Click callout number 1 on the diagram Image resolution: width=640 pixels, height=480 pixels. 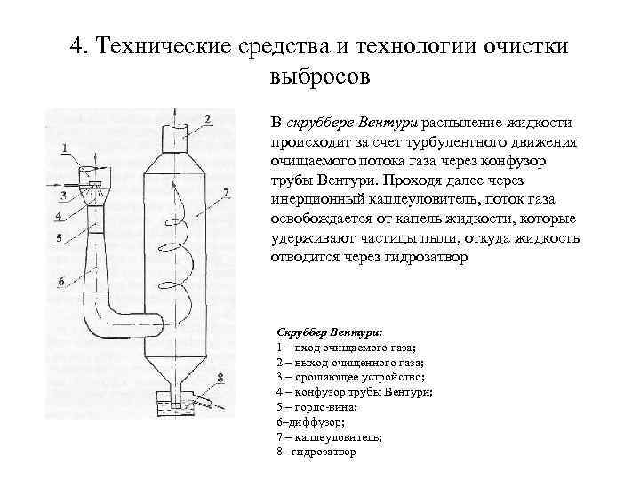(x=65, y=146)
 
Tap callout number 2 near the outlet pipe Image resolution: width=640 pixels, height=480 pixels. (x=206, y=118)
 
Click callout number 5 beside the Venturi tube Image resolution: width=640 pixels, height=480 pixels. (x=58, y=237)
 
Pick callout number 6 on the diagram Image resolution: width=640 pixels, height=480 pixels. (x=61, y=282)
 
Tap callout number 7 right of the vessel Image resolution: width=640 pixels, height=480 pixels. (x=227, y=191)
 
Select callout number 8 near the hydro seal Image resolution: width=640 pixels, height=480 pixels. (x=220, y=377)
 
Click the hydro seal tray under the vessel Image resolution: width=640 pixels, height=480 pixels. (x=174, y=404)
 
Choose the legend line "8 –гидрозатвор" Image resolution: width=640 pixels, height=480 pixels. (x=316, y=452)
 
